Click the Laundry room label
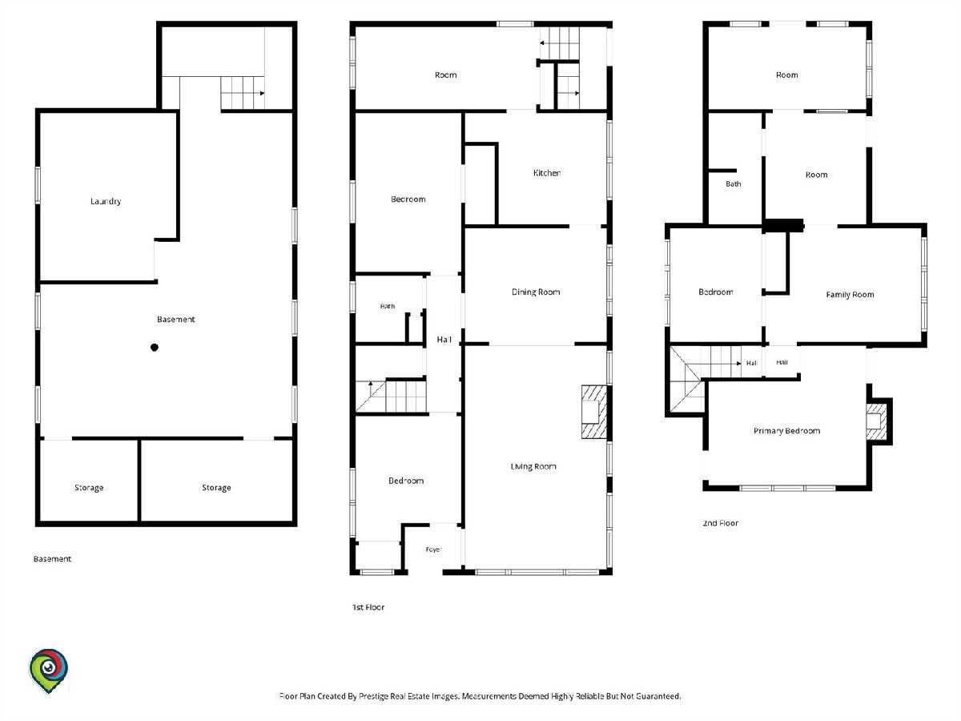(x=106, y=201)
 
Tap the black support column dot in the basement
(x=154, y=347)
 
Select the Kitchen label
(x=547, y=173)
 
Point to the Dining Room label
(x=536, y=292)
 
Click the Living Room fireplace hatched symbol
(x=593, y=412)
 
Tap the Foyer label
(x=433, y=550)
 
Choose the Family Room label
(x=850, y=295)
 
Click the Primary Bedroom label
(x=786, y=431)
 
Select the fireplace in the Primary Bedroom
(x=876, y=421)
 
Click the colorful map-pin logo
(x=48, y=671)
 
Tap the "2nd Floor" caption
(x=720, y=523)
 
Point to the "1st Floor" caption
(x=368, y=607)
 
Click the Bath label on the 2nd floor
(x=734, y=184)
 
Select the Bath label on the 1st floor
(x=388, y=306)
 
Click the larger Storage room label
(x=216, y=488)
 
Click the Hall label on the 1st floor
(x=444, y=339)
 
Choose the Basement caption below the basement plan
(x=52, y=559)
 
